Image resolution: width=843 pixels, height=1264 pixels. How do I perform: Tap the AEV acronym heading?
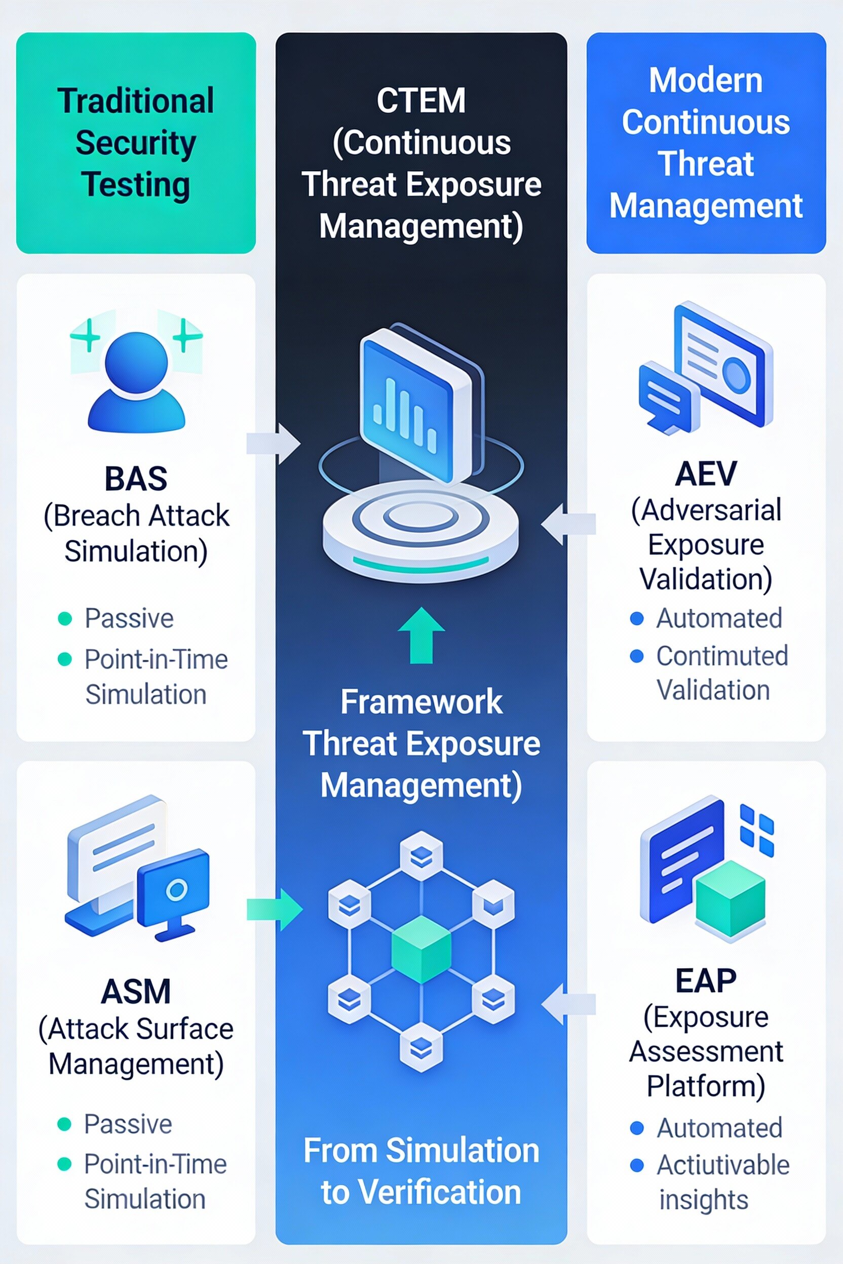tap(705, 473)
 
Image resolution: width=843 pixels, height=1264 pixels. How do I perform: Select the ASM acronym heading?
tap(136, 992)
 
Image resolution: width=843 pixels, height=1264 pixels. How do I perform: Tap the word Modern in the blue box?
tap(705, 81)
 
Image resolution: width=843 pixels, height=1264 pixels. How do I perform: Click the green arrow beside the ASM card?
tap(275, 910)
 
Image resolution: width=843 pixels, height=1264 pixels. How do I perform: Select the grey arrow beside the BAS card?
tap(273, 444)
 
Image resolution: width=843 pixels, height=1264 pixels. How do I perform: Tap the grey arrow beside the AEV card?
tap(568, 524)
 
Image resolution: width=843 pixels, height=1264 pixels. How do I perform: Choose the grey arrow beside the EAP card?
tap(568, 1003)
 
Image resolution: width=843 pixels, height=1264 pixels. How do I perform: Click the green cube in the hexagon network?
tap(421, 949)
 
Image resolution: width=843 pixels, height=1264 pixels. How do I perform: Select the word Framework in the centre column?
tap(421, 702)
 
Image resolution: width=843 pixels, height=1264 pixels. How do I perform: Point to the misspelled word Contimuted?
tap(722, 656)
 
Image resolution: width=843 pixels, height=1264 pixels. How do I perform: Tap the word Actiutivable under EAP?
tap(722, 1165)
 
